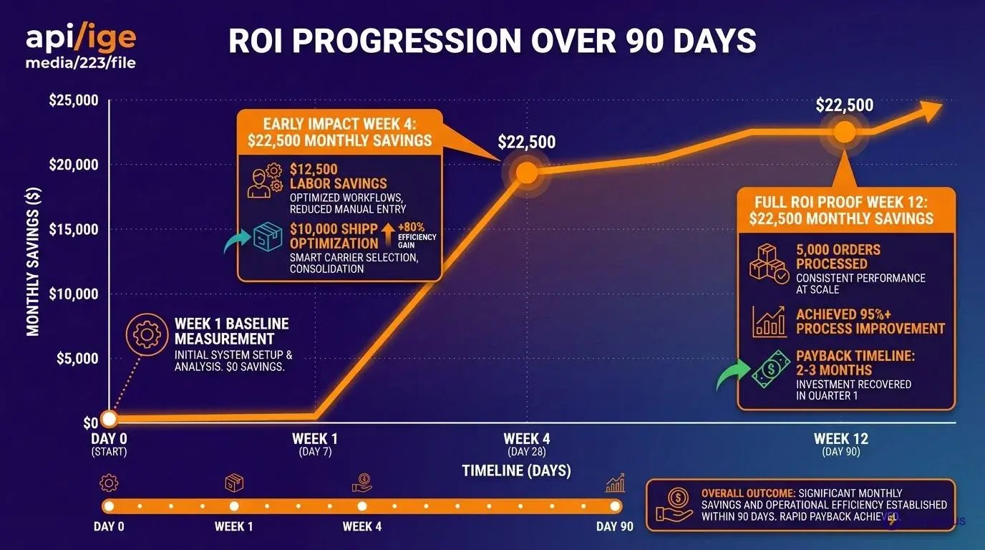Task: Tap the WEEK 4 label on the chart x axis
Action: point(527,439)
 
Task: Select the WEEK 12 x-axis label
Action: point(841,439)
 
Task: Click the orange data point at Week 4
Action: point(527,173)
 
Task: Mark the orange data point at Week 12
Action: point(845,132)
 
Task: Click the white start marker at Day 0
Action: point(109,419)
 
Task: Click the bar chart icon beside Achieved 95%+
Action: point(770,322)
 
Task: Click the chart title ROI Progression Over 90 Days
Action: point(492,41)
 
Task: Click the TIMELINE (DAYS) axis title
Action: point(516,471)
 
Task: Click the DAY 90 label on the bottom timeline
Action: point(615,526)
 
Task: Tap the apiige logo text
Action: point(80,37)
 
